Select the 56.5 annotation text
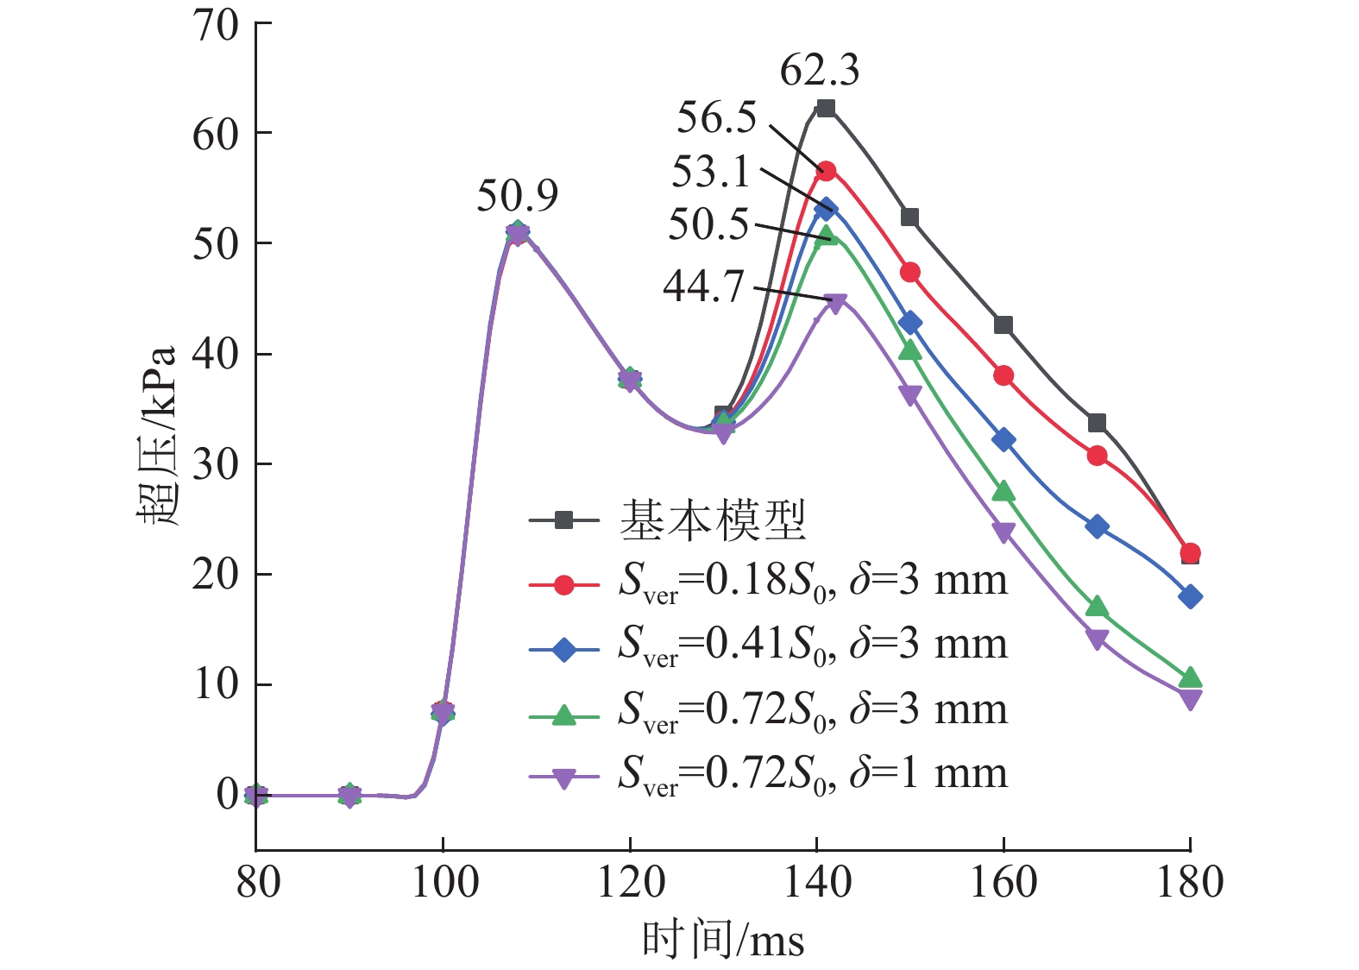[716, 117]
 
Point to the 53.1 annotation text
[712, 172]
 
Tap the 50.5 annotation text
[708, 224]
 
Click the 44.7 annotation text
[703, 286]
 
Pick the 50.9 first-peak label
[518, 196]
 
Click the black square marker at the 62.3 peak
[826, 108]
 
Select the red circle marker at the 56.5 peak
[826, 171]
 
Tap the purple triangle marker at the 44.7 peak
[835, 304]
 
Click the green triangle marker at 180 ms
[1190, 677]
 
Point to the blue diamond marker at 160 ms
[1004, 440]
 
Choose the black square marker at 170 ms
[1097, 423]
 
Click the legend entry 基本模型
[713, 520]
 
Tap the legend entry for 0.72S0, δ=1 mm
[812, 774]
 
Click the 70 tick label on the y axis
[216, 26]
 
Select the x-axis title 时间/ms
[722, 940]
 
